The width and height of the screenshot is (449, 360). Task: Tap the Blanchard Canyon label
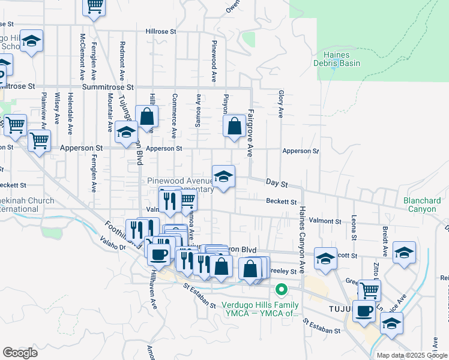(423, 205)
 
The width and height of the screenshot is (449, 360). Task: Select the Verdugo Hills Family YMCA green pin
(280, 291)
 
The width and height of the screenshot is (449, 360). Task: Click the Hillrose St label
(160, 31)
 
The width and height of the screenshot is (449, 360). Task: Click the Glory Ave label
(280, 103)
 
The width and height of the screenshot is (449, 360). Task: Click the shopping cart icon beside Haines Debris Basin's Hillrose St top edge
(94, 6)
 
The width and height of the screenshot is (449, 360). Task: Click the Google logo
(20, 353)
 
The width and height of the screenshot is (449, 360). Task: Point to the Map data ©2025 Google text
(411, 355)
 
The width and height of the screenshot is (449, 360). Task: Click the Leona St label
(355, 228)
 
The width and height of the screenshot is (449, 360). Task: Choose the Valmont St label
(326, 221)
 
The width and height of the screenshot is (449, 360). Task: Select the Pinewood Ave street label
(214, 61)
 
